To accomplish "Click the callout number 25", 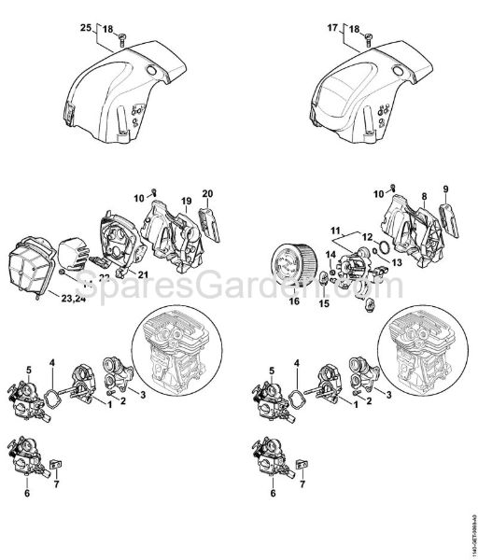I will tap(84, 31).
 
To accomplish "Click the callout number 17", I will tap(330, 31).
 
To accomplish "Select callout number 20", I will tap(207, 193).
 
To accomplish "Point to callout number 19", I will tap(186, 199).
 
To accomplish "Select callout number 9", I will tap(445, 192).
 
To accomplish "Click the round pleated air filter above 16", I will tap(293, 301).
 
